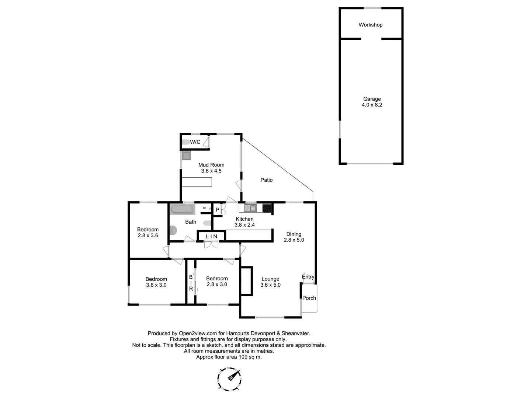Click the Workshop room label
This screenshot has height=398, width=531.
pos(371,25)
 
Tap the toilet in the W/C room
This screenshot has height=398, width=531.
pos(186,142)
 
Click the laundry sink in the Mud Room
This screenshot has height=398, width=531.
pos(187,155)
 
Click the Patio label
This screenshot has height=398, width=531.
pos(267,180)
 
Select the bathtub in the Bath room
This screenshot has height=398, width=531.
pos(182,210)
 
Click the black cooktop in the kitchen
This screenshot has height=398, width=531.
pos(267,208)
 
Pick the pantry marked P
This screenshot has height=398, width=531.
pos(218,210)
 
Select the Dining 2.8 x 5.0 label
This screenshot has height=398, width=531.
pos(294,237)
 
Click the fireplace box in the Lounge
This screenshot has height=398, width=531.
pos(246,281)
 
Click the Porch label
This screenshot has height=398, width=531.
pos(309,298)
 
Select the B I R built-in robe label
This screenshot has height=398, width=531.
pos(191,283)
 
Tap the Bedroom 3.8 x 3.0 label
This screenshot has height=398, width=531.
pos(156,282)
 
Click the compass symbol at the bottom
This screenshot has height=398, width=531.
pos(230,379)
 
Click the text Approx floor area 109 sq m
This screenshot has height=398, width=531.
pos(229,357)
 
